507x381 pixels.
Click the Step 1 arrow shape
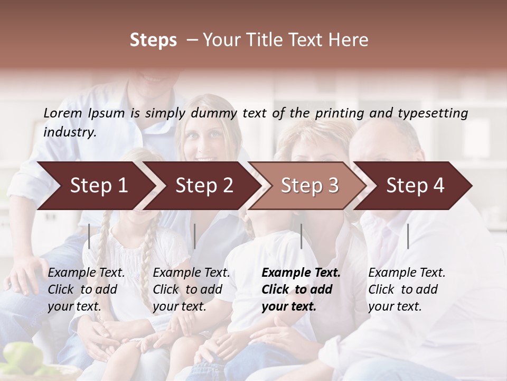click(x=98, y=186)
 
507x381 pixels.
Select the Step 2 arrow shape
click(x=204, y=186)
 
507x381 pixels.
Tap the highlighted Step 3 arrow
click(x=309, y=186)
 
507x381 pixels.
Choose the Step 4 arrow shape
click(x=415, y=186)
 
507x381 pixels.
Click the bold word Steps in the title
click(x=153, y=40)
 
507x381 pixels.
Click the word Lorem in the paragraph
click(x=62, y=113)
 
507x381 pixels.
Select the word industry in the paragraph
click(x=69, y=132)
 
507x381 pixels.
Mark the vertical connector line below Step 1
click(x=89, y=236)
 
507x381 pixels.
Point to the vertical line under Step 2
click(x=195, y=236)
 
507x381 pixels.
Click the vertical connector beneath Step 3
click(x=301, y=236)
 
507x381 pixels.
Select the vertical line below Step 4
click(x=408, y=236)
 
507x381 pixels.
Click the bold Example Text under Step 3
click(x=301, y=273)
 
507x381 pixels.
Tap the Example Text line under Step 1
click(x=87, y=273)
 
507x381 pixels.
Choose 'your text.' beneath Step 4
click(x=395, y=307)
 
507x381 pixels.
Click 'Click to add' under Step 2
click(x=187, y=290)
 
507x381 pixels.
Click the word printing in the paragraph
click(x=336, y=113)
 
